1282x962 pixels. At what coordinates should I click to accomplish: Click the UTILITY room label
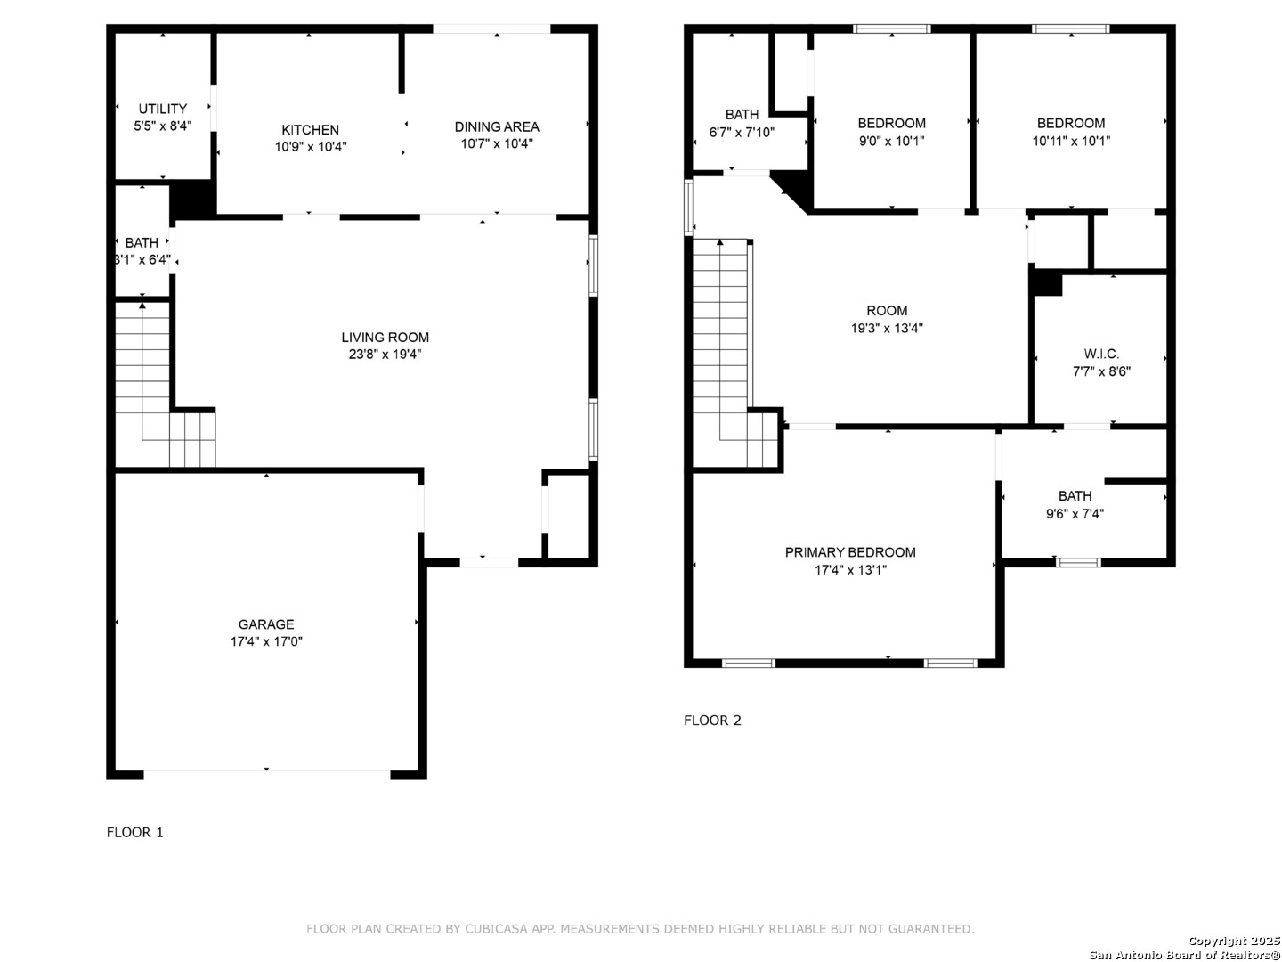(x=162, y=109)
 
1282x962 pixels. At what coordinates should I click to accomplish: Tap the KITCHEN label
(x=310, y=130)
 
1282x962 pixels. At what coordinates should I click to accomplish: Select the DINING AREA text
(x=497, y=126)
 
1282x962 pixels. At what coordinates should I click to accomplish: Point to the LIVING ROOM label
(x=385, y=337)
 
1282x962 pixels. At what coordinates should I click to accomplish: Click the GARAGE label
(x=265, y=624)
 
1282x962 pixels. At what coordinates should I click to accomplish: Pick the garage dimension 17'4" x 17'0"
(x=266, y=641)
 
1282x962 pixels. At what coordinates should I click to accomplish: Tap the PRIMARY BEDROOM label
(x=850, y=552)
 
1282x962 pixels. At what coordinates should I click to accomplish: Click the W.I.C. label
(x=1101, y=354)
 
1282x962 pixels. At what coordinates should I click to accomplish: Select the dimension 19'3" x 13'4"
(x=887, y=329)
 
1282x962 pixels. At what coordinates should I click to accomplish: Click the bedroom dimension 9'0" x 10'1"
(x=891, y=141)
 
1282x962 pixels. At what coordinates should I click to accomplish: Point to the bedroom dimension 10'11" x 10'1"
(x=1071, y=141)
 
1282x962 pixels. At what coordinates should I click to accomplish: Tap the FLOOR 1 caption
(x=135, y=832)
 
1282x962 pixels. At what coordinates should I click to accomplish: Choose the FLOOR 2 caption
(x=712, y=721)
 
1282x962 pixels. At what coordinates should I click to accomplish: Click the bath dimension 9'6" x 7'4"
(x=1075, y=514)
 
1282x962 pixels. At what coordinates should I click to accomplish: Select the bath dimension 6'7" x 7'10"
(x=742, y=132)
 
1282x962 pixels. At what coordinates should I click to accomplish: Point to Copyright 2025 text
(x=1234, y=941)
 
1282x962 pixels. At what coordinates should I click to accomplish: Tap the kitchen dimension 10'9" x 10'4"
(x=311, y=147)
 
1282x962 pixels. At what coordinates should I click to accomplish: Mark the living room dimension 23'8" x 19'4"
(x=385, y=354)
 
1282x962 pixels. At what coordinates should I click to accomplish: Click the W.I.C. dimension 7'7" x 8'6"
(x=1101, y=371)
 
